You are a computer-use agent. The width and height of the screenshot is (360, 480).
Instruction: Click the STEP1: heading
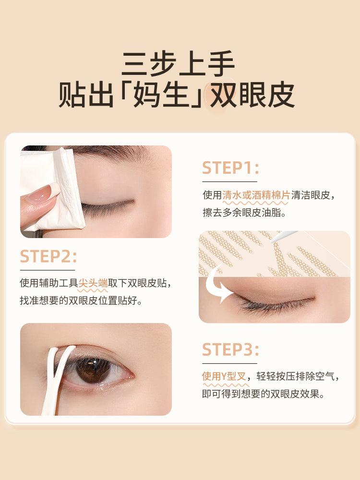(x=230, y=168)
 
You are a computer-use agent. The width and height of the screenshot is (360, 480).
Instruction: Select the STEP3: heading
(x=230, y=349)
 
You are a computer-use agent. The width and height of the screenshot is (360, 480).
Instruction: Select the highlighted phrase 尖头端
(x=93, y=283)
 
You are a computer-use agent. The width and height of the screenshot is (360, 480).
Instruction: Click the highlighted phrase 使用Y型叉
(x=224, y=377)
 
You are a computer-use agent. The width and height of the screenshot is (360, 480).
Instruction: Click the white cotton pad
(x=53, y=187)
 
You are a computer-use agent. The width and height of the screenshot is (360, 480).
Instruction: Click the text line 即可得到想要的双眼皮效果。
(x=263, y=394)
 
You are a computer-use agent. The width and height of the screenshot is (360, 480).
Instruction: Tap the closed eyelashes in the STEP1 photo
(x=108, y=207)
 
